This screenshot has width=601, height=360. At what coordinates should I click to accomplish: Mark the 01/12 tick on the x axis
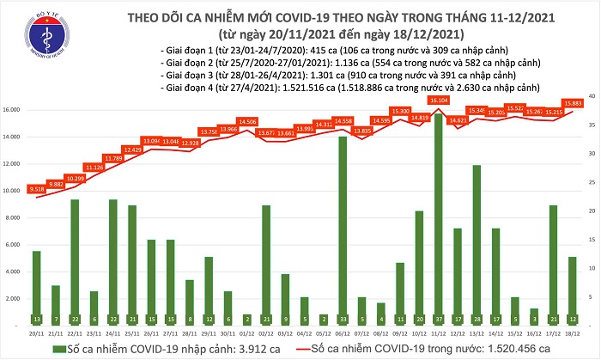coord(247,332)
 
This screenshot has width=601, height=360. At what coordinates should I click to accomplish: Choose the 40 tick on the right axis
coord(592,95)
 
